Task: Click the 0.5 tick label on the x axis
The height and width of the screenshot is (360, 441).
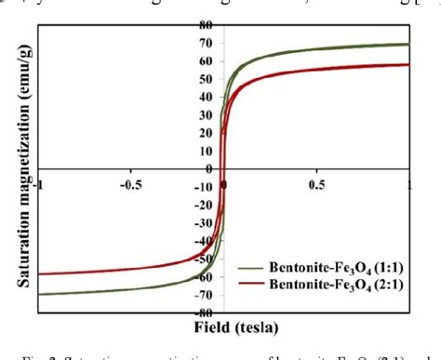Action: (x=316, y=183)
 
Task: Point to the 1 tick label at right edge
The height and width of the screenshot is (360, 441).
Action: (x=409, y=183)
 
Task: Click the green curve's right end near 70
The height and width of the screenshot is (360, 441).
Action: (x=409, y=45)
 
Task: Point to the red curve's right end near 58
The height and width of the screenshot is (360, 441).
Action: (x=409, y=64)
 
